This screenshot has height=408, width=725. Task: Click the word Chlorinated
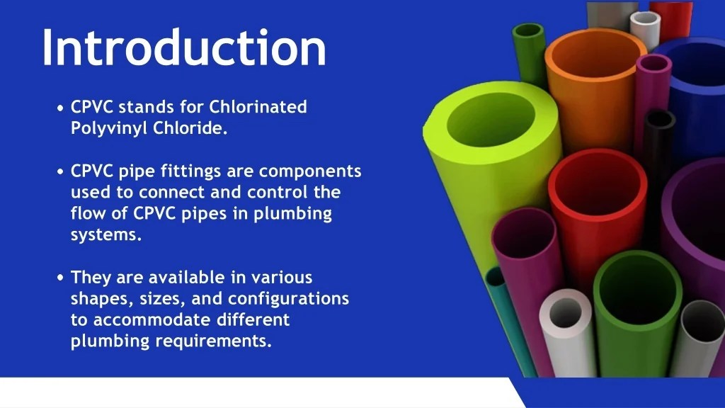tap(258, 107)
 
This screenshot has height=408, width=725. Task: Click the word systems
tap(105, 235)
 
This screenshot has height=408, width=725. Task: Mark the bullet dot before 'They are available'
tap(61, 278)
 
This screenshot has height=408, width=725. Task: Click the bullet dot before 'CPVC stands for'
tap(61, 108)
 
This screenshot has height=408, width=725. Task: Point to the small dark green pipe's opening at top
tap(528, 32)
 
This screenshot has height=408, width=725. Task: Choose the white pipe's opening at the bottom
tap(565, 312)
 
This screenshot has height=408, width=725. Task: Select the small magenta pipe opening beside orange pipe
tap(653, 63)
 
